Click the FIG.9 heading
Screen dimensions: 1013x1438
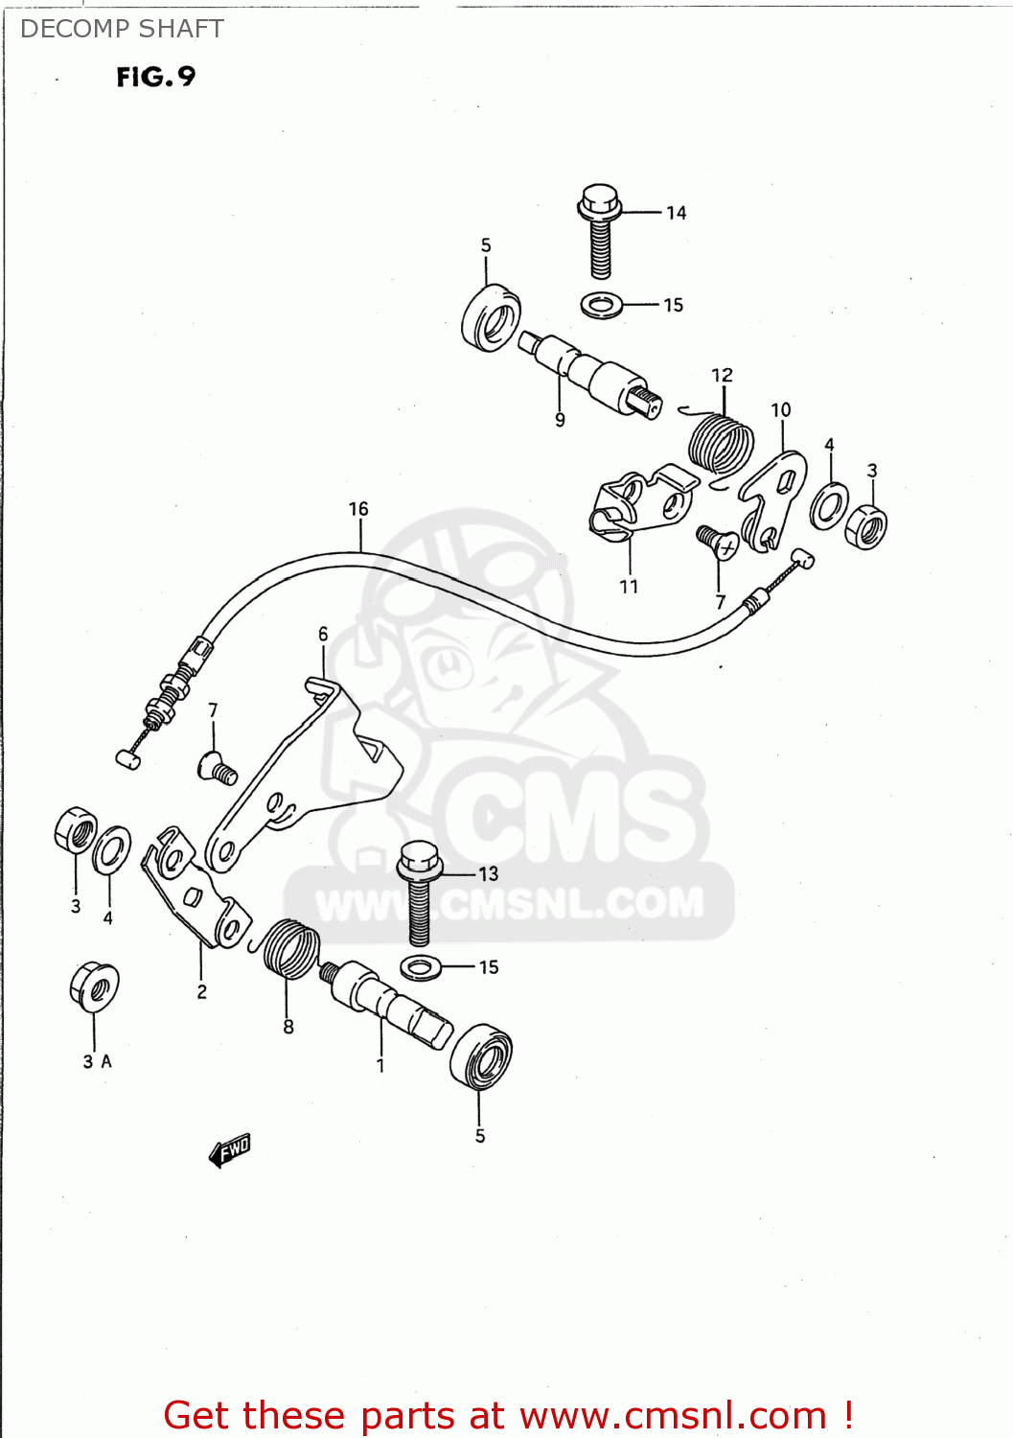155,77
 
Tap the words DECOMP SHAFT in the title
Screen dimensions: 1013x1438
122,30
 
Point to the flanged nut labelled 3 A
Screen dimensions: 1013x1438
94,986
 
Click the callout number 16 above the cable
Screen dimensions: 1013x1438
358,509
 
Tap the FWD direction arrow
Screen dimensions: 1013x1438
230,1149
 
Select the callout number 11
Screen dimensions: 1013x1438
629,587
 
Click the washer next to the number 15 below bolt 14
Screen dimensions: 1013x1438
601,306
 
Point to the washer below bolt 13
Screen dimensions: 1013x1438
420,966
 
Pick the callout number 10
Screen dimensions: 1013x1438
781,410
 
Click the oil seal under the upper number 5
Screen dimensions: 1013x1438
490,316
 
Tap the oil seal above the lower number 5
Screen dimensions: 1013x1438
481,1055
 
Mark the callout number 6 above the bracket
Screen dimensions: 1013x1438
323,634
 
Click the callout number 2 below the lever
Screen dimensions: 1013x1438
201,992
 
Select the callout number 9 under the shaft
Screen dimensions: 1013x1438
560,420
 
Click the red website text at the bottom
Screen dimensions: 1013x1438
508,1415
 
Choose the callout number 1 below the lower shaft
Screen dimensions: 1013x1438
380,1065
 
